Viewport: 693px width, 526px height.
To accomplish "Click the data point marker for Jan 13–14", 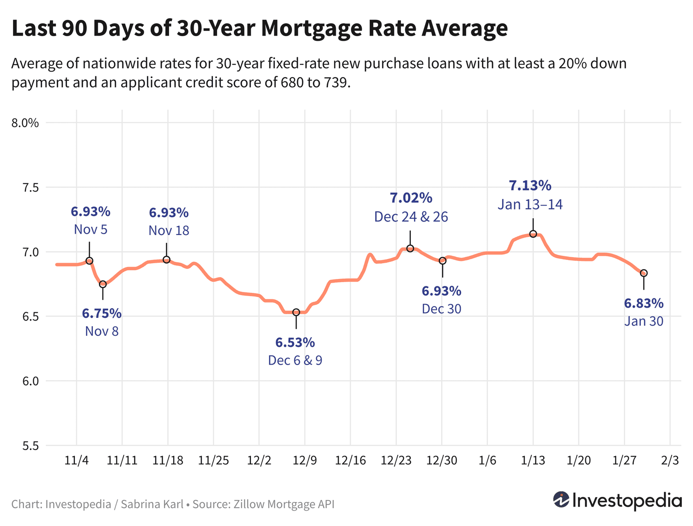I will click(533, 234).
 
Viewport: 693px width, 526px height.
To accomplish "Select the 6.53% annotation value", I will click(295, 343).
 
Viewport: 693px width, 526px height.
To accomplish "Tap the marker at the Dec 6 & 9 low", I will click(296, 312).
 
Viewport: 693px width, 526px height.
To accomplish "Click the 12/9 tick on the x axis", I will click(304, 460).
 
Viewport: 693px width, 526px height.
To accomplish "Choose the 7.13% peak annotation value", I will click(530, 186).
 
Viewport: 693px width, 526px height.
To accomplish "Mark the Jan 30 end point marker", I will click(644, 273).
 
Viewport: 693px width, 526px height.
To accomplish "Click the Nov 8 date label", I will click(102, 331).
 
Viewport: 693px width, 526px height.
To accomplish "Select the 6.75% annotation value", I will click(102, 314).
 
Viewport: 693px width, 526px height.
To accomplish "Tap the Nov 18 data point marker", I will click(167, 260).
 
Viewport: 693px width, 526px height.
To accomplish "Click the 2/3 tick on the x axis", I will click(670, 460).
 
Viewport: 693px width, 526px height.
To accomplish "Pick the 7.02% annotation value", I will click(411, 198).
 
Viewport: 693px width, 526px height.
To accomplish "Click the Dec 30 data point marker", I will click(442, 260).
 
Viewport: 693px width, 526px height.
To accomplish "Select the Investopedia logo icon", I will click(561, 500).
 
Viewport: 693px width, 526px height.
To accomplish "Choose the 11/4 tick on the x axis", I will click(76, 460).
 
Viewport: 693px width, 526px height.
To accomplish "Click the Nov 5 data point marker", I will click(90, 260).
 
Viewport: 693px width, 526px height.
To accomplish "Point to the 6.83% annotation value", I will click(644, 303).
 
